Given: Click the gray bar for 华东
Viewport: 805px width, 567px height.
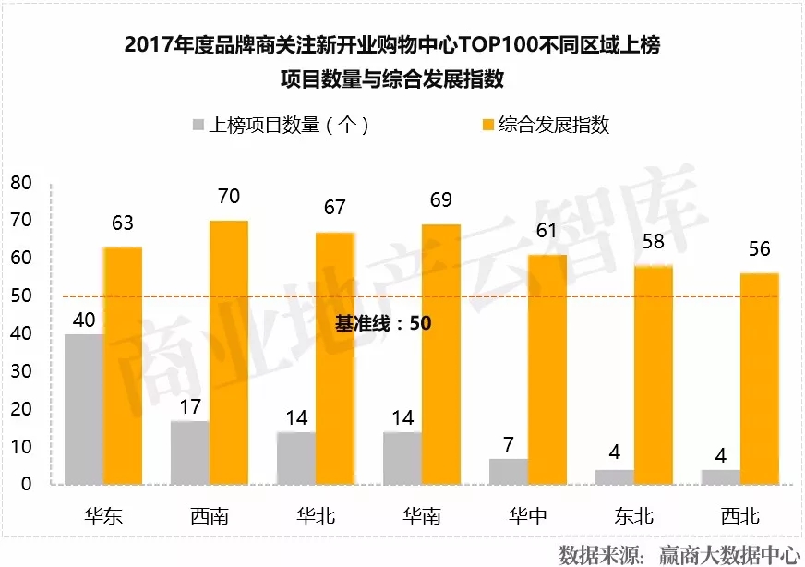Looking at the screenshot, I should (83, 408).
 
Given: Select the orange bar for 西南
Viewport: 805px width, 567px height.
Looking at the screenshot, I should (229, 352).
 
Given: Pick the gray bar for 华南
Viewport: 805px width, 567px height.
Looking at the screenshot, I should (402, 457).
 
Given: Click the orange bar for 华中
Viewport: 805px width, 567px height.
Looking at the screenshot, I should (547, 368).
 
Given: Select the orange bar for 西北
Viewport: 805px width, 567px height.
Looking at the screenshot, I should (759, 378).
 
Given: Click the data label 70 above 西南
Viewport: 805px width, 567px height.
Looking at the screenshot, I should (229, 197).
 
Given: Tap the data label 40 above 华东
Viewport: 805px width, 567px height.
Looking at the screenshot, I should (84, 320).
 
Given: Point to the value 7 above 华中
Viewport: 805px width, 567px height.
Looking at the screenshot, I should (508, 443).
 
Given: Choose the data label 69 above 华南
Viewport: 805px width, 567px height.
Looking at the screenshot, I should (440, 200).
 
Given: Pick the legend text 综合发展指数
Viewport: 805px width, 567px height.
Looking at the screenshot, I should (554, 126).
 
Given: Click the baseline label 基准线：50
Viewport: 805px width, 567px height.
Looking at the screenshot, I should (383, 324).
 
